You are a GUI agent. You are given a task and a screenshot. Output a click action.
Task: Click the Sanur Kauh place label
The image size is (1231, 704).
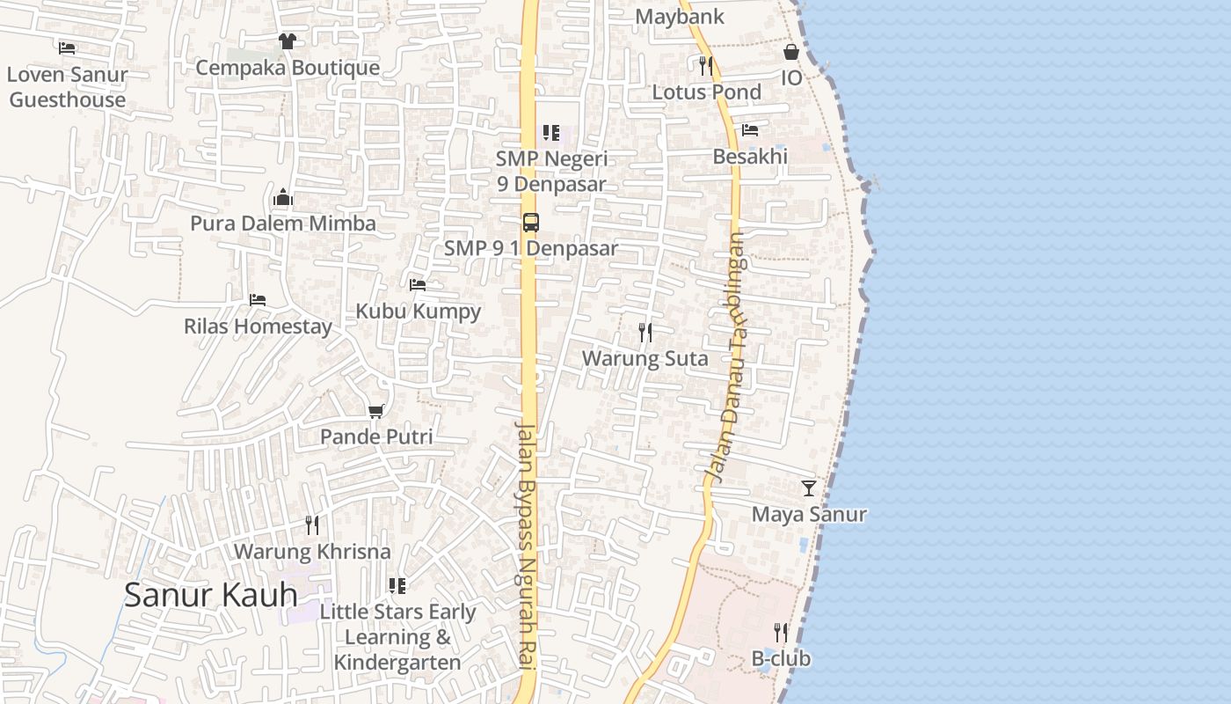211,595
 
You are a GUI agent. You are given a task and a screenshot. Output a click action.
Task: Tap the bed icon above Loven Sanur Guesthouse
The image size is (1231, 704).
67,48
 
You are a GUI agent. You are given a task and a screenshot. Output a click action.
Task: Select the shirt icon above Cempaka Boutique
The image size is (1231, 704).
287,40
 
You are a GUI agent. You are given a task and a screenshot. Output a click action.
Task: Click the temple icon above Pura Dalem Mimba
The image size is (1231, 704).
282,197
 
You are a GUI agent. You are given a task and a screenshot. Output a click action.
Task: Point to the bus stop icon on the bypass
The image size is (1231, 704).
530,223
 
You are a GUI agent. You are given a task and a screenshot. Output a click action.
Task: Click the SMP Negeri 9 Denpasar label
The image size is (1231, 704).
551,171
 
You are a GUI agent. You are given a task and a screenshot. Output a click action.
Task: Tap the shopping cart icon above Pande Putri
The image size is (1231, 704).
376,411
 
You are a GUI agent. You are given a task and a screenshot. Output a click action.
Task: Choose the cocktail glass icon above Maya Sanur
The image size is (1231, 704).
808,488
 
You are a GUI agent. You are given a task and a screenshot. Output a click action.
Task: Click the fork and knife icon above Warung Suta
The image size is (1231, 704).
645,333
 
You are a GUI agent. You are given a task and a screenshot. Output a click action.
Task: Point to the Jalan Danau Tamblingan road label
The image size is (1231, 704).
726,356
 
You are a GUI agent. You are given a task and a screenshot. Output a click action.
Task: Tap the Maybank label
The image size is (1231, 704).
680,17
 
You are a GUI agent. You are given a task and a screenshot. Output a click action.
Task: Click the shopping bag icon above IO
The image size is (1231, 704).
791,52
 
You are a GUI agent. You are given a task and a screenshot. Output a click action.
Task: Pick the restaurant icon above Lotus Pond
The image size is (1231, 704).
705,65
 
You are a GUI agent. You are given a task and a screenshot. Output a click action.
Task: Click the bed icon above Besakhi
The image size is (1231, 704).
749,130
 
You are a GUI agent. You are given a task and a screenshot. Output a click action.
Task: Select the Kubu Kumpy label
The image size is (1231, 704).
418,311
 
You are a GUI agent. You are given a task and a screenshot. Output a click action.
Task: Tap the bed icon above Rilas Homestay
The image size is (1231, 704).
257,300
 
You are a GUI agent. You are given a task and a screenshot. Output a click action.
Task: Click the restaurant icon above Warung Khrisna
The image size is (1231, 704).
311,525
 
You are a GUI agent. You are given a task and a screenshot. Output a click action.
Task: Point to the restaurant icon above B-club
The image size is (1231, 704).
780,632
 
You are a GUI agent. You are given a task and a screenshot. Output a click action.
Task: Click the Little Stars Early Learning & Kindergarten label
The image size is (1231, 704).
397,637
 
